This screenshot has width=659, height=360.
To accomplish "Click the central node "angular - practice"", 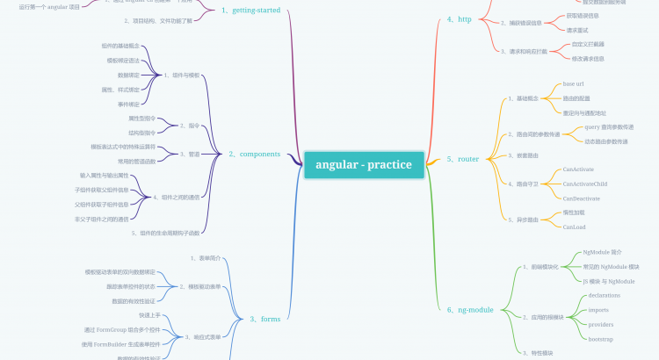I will (364, 164).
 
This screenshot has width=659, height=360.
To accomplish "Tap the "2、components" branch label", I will (254, 155).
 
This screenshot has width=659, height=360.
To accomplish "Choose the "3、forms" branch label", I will (264, 319).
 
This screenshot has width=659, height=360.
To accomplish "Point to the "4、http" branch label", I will (459, 18).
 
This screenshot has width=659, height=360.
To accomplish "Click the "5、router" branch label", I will (462, 159).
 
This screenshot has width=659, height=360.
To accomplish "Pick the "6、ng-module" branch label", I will (469, 309).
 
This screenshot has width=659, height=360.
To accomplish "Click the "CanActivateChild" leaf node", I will (584, 184).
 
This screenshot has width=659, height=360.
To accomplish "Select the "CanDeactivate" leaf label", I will (581, 198).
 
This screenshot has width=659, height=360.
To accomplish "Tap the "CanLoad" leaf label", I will (575, 227).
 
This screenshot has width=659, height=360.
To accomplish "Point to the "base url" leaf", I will (575, 83).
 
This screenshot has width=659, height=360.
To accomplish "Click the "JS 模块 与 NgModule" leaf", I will (609, 281).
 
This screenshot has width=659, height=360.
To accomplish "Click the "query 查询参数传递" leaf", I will (609, 126).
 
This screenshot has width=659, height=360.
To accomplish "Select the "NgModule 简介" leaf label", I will (602, 251).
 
